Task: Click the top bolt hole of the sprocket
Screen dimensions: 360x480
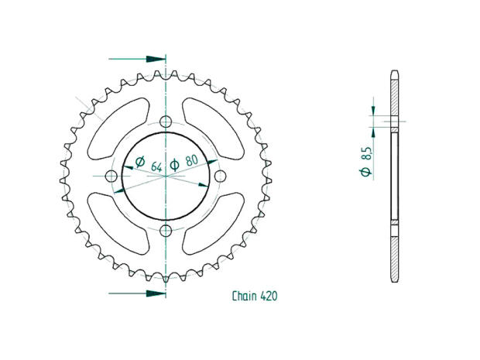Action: pos(166,122)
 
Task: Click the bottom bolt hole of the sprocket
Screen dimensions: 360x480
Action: pos(166,231)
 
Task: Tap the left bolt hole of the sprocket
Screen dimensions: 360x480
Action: pos(111,177)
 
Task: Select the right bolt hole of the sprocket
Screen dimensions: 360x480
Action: pos(220,177)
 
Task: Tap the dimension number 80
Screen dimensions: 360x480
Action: pos(190,164)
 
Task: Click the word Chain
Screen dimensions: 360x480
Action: pos(245,297)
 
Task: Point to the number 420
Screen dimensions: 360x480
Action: pos(269,297)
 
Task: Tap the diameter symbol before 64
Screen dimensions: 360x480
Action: pos(140,162)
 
